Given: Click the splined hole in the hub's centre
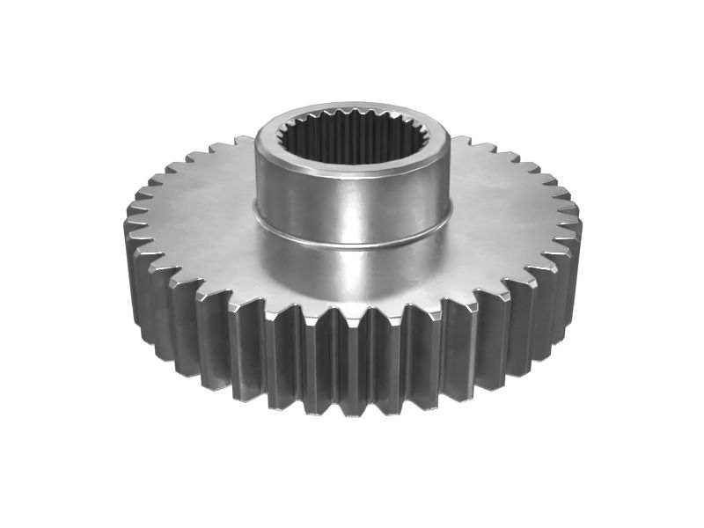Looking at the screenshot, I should click(x=352, y=141).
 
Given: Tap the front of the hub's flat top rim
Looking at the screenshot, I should click(x=352, y=171).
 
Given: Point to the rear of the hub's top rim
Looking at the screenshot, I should click(x=352, y=113).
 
